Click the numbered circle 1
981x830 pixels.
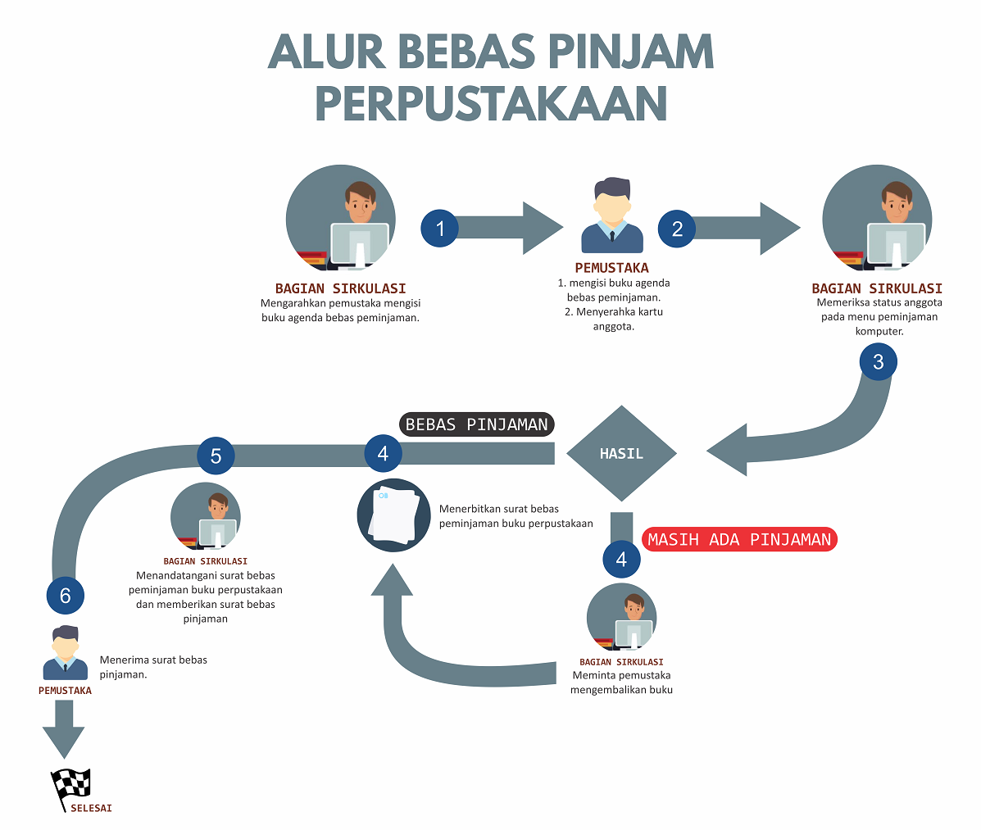[x=440, y=228]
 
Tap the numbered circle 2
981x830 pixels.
[x=677, y=228]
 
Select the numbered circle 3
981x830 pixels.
[x=878, y=362]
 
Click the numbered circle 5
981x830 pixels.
[x=216, y=456]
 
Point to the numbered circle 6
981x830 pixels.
[x=66, y=596]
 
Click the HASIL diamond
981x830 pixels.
[x=621, y=453]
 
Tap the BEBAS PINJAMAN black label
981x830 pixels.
[x=477, y=424]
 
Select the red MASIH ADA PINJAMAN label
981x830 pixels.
[x=739, y=539]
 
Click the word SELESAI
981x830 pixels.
[x=91, y=808]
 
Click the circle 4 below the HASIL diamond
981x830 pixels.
[x=621, y=560]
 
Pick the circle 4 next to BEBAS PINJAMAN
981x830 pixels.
[x=383, y=453]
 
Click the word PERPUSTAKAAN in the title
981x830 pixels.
[x=491, y=104]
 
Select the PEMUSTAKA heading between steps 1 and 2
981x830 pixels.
[x=611, y=268]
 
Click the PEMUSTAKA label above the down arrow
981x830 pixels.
[x=65, y=691]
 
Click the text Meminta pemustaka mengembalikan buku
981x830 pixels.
[x=621, y=683]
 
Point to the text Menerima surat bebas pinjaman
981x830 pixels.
[x=153, y=667]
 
